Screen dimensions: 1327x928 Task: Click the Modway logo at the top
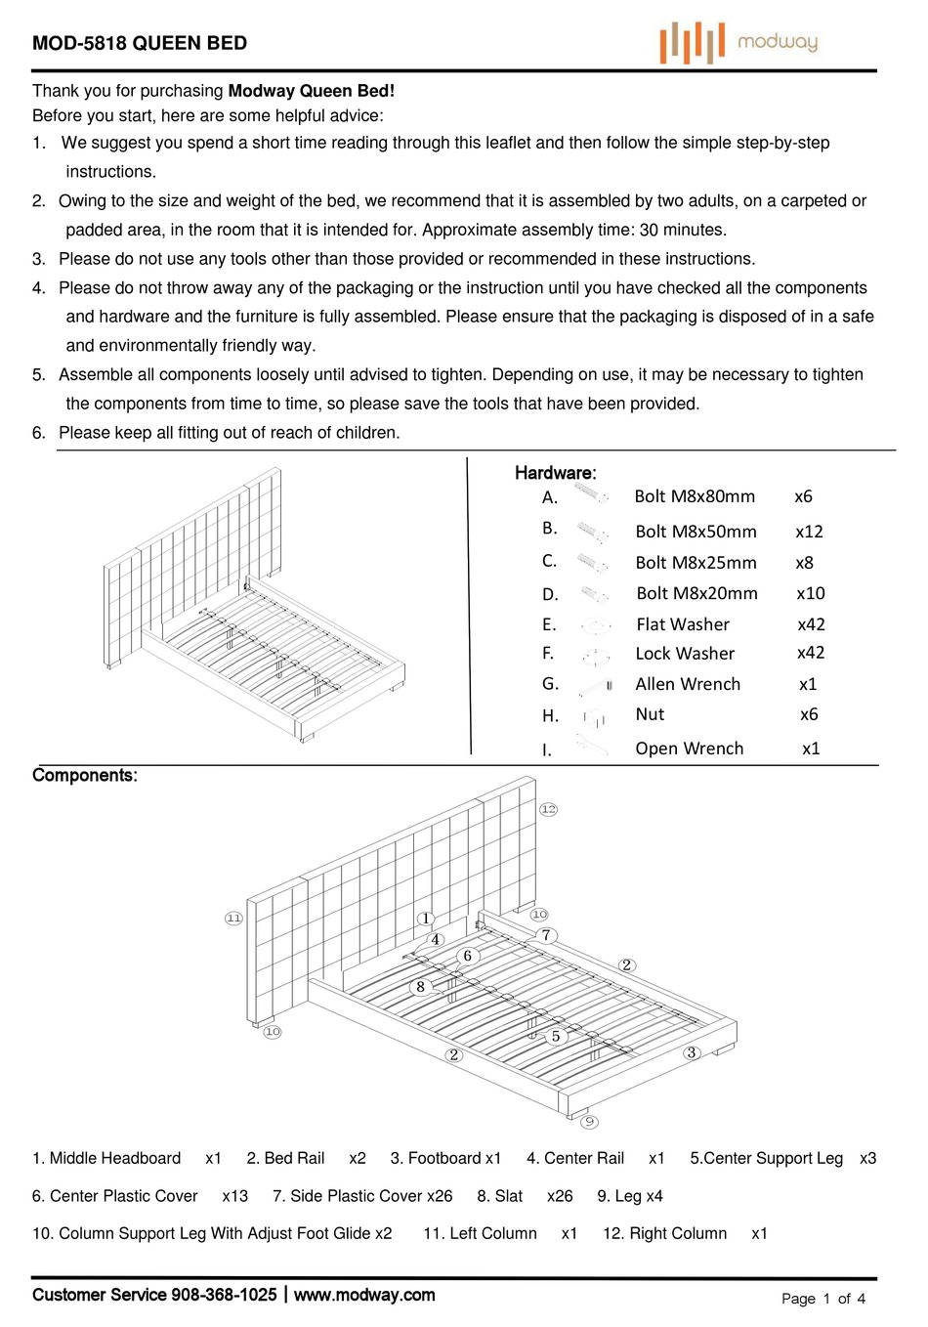click(x=738, y=42)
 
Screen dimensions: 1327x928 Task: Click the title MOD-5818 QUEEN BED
click(x=140, y=43)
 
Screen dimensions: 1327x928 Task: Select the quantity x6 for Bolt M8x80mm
click(x=803, y=496)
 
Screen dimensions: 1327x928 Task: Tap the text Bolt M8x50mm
click(x=696, y=532)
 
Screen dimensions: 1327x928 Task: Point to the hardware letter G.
click(x=550, y=684)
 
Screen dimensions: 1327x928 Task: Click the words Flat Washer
click(x=682, y=624)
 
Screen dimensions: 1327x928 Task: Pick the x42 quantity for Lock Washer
click(x=811, y=653)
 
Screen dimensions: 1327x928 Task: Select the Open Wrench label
click(x=689, y=749)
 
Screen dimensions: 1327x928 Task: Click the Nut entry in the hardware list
click(x=650, y=714)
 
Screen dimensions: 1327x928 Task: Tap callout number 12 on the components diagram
click(x=548, y=809)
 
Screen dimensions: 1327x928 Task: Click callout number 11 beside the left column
click(x=233, y=919)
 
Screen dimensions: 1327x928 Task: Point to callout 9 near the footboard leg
click(x=590, y=1122)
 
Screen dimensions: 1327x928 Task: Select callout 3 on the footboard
click(x=692, y=1052)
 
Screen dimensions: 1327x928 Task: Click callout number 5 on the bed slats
click(x=556, y=1036)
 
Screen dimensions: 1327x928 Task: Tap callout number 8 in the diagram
click(x=420, y=987)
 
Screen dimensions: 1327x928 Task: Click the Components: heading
click(x=85, y=776)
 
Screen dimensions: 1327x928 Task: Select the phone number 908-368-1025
click(x=224, y=1295)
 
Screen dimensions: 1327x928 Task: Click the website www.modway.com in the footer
click(x=364, y=1295)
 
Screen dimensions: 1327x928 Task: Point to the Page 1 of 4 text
click(x=823, y=1299)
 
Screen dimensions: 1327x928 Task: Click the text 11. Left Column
click(x=480, y=1233)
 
